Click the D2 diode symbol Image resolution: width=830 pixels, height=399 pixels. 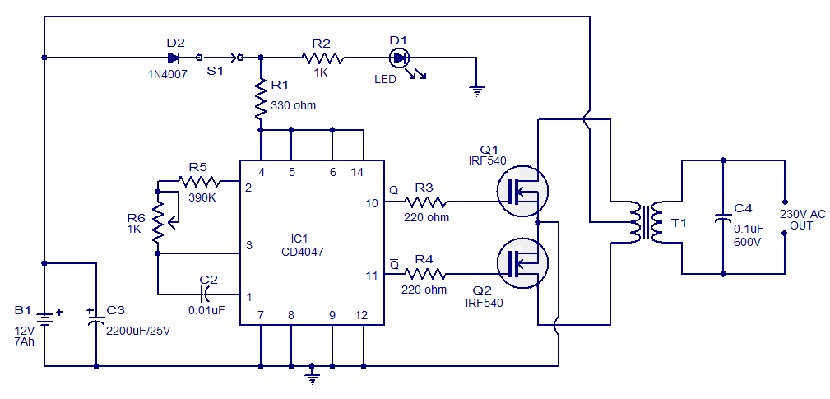(x=174, y=58)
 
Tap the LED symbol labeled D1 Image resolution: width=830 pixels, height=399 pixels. (x=400, y=58)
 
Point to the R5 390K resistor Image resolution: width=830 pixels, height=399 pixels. (x=200, y=182)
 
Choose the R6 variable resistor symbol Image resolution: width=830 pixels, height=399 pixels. (x=158, y=212)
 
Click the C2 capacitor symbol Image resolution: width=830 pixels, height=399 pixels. (x=207, y=293)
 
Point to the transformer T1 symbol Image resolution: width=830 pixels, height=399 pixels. (x=647, y=220)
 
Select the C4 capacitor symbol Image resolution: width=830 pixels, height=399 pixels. (x=722, y=219)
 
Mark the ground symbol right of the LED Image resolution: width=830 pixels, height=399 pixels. (x=475, y=90)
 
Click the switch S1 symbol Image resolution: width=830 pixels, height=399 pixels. (x=220, y=58)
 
